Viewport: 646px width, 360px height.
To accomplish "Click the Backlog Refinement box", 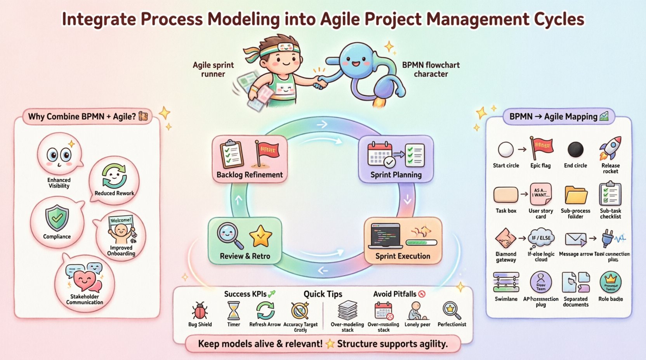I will pyautogui.click(x=250, y=159).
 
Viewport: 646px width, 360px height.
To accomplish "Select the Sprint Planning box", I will pyautogui.click(x=396, y=159).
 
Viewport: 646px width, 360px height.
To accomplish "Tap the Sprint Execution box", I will pyautogui.click(x=403, y=241).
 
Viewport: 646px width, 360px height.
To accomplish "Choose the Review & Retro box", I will pyautogui.click(x=245, y=241).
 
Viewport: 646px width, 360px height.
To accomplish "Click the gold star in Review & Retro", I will pyautogui.click(x=260, y=236).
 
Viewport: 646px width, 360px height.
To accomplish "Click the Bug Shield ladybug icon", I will pyautogui.click(x=200, y=311).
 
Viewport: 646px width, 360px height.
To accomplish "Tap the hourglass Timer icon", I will pyautogui.click(x=234, y=310).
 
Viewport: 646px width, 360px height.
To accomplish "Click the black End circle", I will pyautogui.click(x=575, y=149).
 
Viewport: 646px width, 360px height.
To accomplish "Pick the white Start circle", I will pyautogui.click(x=506, y=149).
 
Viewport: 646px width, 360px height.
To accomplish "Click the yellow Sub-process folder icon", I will pyautogui.click(x=576, y=195).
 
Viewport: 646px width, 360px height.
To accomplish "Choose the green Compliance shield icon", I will pyautogui.click(x=57, y=218).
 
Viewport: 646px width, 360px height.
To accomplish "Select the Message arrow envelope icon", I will pyautogui.click(x=575, y=239).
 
